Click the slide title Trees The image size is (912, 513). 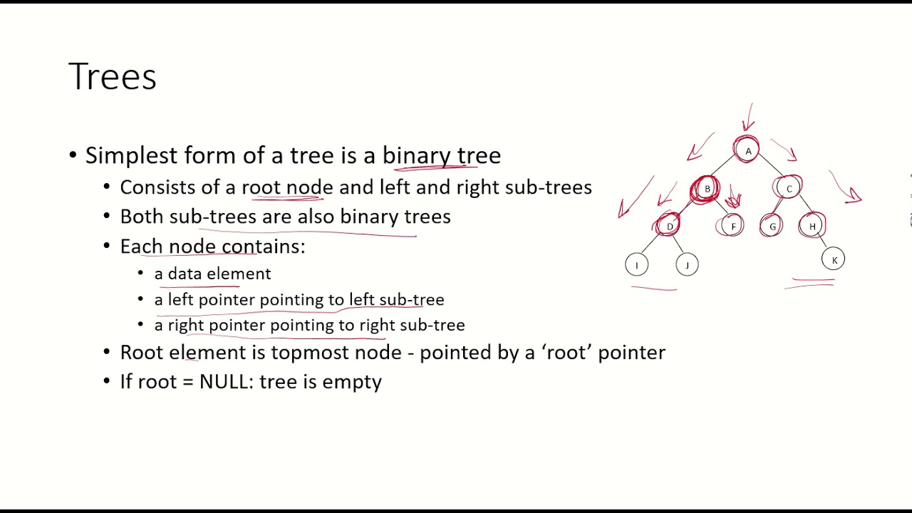[x=113, y=77]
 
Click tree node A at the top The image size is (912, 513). [x=747, y=151]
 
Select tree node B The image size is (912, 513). [x=707, y=189]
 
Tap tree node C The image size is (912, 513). [x=789, y=189]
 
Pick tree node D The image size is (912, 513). [x=669, y=227]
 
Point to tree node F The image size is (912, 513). [x=732, y=227]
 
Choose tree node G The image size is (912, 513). [x=772, y=227]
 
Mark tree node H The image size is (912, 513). [x=812, y=227]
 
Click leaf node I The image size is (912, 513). [x=637, y=265]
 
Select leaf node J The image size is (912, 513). [x=687, y=265]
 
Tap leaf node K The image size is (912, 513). [x=834, y=260]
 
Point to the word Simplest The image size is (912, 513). [x=132, y=156]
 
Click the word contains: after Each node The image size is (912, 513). [x=263, y=247]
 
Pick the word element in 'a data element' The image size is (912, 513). [x=239, y=274]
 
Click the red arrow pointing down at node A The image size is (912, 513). [x=748, y=118]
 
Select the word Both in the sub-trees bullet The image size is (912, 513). [x=142, y=217]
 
